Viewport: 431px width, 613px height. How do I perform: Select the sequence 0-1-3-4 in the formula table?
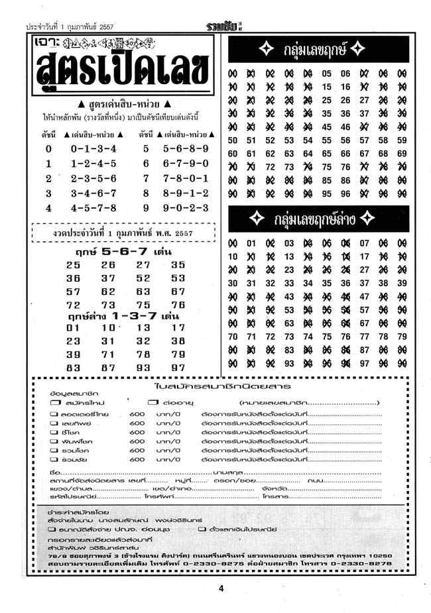pos(93,149)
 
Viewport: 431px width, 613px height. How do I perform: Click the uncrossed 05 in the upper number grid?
pos(326,73)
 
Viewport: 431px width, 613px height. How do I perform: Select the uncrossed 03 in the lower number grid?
pos(288,243)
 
